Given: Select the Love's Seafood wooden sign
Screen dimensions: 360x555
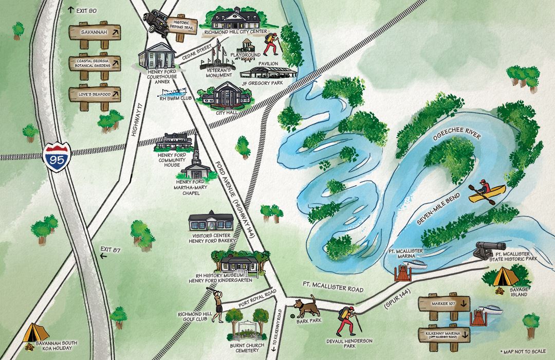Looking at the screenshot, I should click(95, 94).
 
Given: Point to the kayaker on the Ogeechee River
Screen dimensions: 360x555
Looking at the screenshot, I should click(486, 192).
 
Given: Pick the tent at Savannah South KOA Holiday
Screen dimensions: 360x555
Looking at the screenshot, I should click(34, 333).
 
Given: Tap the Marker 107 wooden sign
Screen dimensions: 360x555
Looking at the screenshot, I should click(445, 303).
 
